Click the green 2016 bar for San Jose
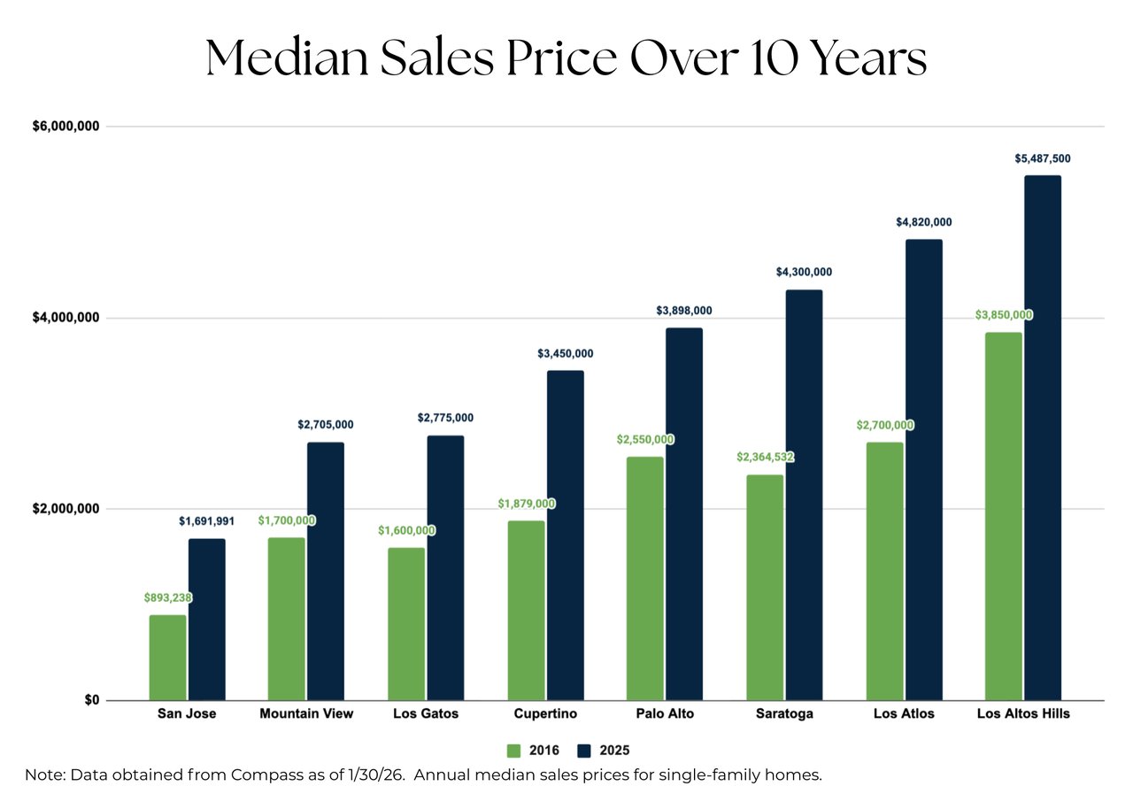click(167, 658)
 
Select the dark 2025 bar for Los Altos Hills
click(1042, 438)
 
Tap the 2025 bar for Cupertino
click(565, 535)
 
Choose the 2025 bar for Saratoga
click(804, 495)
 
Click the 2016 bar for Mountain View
click(286, 619)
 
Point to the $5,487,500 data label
click(1042, 158)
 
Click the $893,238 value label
click(168, 597)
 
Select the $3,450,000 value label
click(565, 353)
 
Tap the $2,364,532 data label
click(765, 458)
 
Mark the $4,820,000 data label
click(923, 222)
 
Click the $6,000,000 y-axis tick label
click(66, 127)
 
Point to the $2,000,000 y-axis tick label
click(66, 509)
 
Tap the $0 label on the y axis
click(91, 700)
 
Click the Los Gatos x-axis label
click(426, 713)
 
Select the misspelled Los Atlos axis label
click(904, 713)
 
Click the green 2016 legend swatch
click(513, 751)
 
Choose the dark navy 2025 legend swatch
click(583, 751)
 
